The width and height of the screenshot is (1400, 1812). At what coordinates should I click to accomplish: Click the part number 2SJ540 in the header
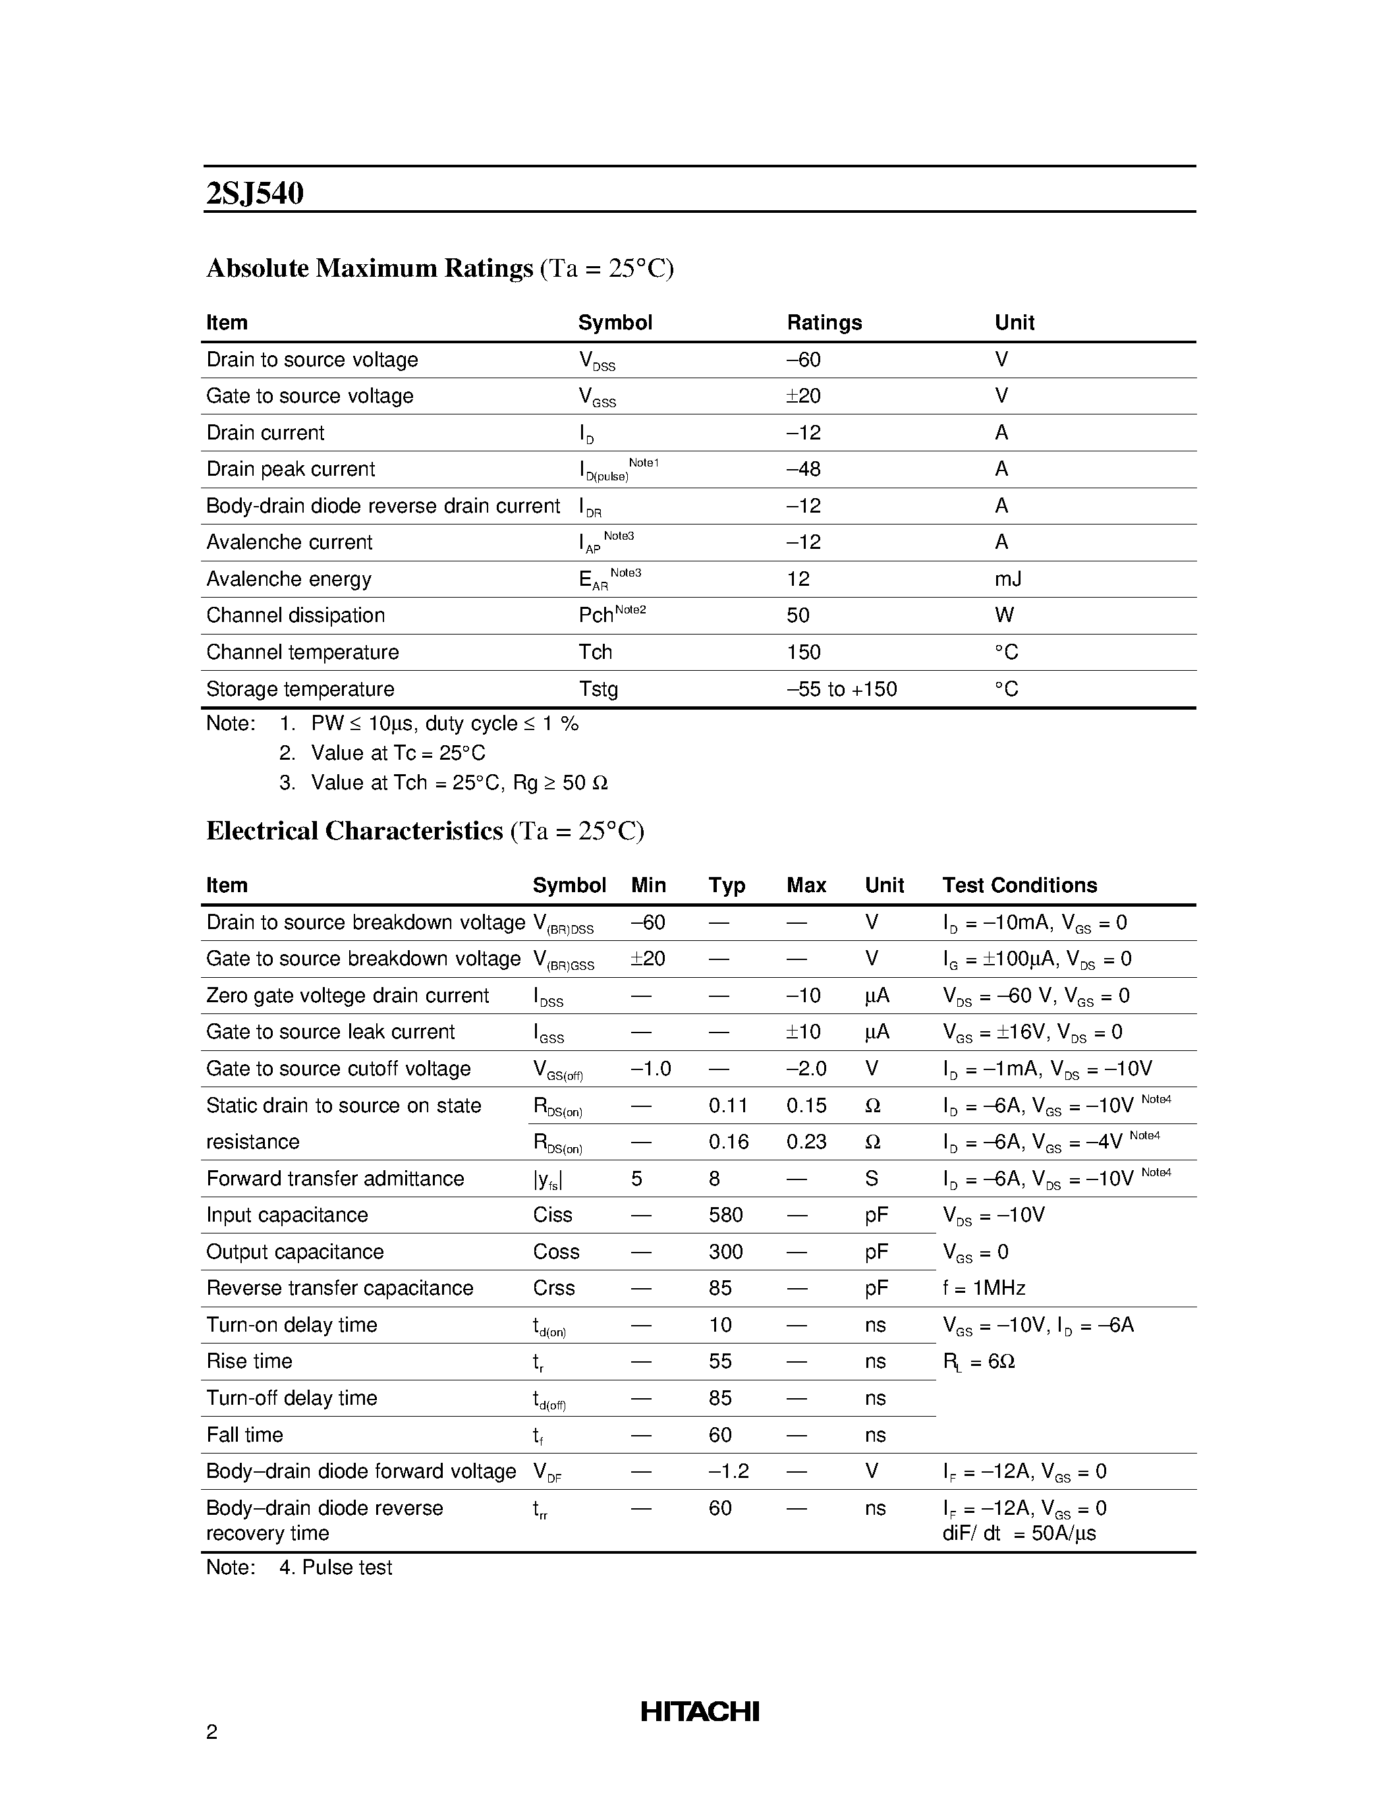tap(254, 192)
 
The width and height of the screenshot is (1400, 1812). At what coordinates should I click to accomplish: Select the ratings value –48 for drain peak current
tap(803, 470)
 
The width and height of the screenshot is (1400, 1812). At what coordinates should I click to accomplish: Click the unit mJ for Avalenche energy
tap(1008, 579)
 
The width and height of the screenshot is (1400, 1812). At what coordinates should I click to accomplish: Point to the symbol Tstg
tap(598, 689)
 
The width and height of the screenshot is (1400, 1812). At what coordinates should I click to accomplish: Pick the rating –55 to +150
tap(841, 689)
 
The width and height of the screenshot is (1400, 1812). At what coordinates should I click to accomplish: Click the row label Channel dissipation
tap(295, 615)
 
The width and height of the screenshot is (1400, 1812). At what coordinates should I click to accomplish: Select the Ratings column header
tap(824, 323)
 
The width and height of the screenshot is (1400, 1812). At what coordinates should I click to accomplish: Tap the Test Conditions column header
tap(1019, 886)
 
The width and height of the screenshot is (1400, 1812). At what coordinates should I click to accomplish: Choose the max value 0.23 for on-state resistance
tap(806, 1142)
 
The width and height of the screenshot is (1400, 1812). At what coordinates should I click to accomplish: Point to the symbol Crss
tap(553, 1288)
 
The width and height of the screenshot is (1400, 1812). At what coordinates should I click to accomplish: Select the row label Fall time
tap(244, 1434)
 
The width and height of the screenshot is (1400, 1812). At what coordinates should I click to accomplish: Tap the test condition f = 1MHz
tap(984, 1288)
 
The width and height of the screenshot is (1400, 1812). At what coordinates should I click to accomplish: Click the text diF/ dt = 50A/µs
tap(1019, 1533)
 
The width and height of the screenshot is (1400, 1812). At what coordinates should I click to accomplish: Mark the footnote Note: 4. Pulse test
tap(299, 1568)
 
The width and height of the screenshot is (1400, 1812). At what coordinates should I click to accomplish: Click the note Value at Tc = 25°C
tap(397, 753)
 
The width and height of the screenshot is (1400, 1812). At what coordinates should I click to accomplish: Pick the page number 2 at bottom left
tap(211, 1732)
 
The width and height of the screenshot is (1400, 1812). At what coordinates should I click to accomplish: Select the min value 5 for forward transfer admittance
tap(636, 1178)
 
